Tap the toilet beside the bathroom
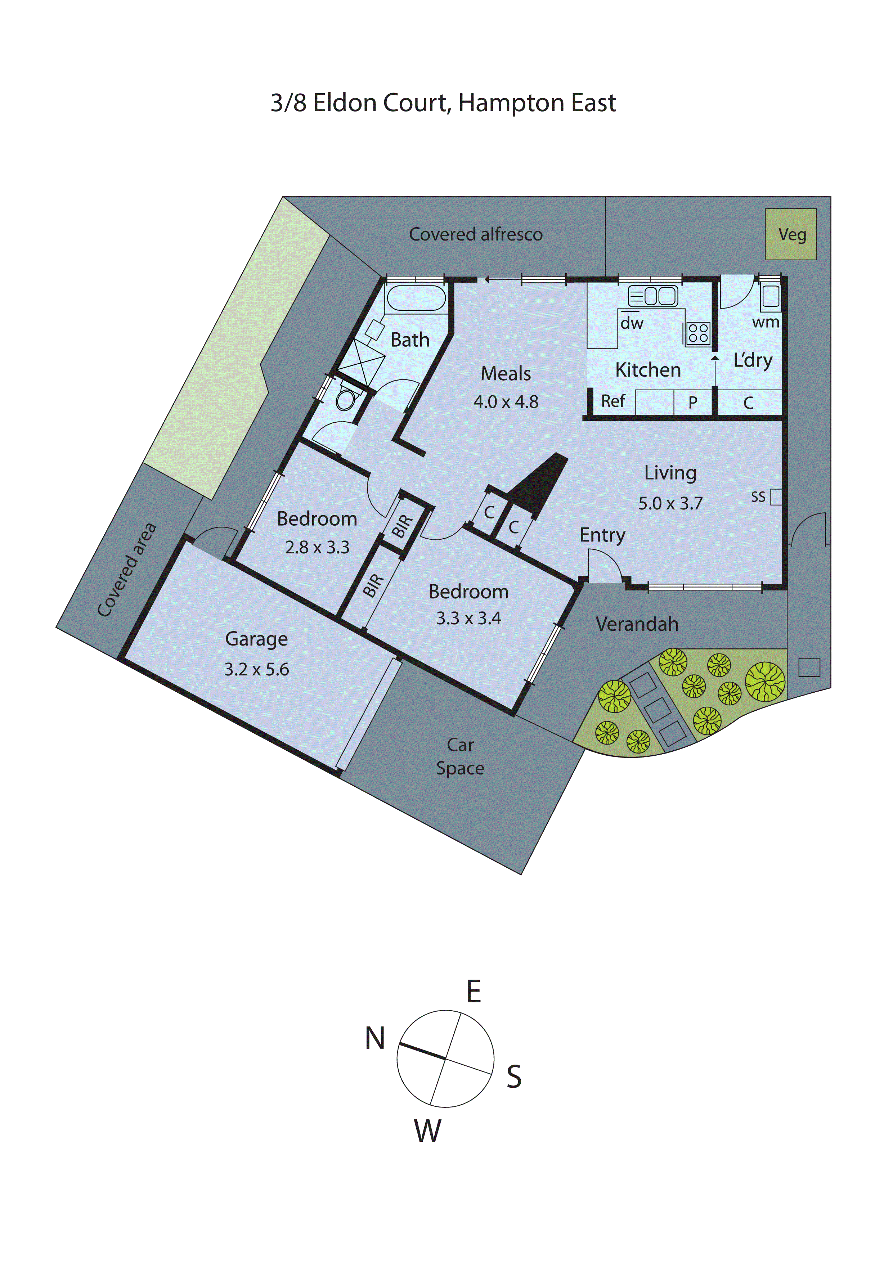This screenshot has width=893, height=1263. [x=346, y=398]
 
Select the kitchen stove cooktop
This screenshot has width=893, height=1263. [x=698, y=333]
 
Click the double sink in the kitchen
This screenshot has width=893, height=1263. [x=653, y=297]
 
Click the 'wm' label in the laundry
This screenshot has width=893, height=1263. [x=765, y=322]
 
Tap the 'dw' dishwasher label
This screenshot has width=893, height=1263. [x=632, y=323]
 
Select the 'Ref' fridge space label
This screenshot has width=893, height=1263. [x=612, y=401]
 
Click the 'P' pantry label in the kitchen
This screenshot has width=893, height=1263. [x=693, y=403]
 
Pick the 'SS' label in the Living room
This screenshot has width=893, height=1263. [x=758, y=497]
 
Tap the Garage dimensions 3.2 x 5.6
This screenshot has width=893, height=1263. [x=256, y=669]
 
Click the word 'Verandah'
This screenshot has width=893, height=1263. [x=637, y=624]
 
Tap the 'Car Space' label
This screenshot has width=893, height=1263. [x=460, y=756]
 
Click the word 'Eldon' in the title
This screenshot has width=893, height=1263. [x=345, y=103]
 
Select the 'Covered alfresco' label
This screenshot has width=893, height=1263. [x=475, y=234]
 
